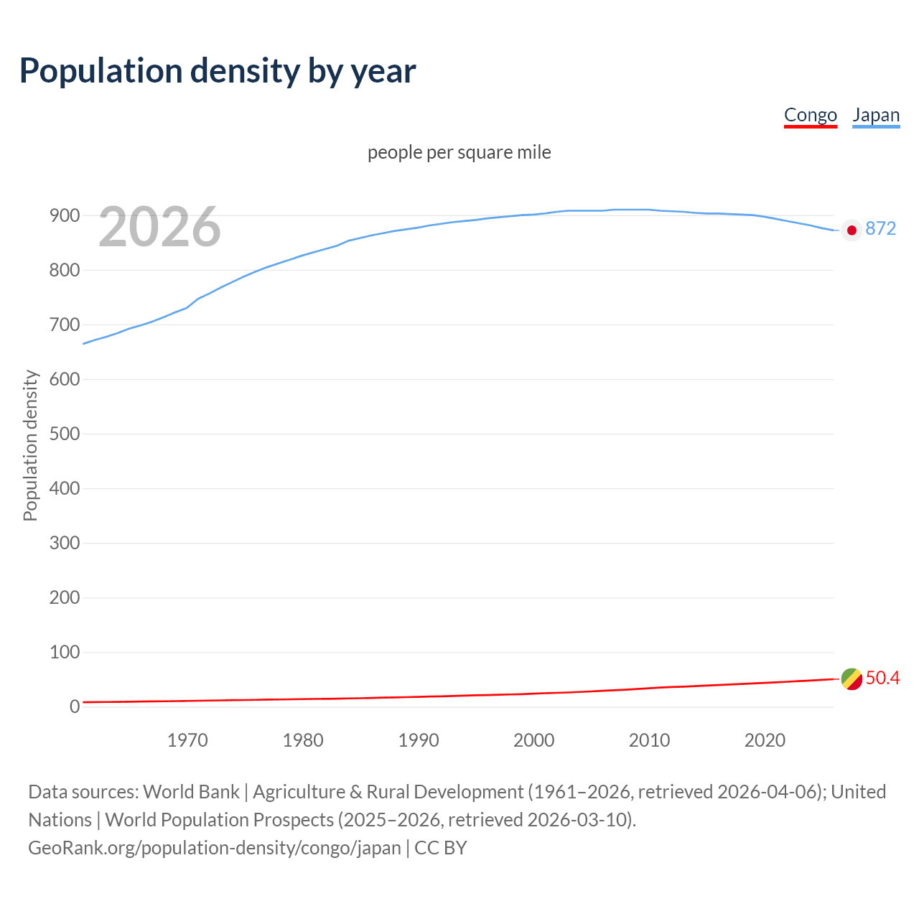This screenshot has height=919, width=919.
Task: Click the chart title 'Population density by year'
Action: click(218, 70)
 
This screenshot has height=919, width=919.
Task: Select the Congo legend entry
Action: click(810, 115)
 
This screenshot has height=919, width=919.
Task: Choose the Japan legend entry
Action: click(876, 115)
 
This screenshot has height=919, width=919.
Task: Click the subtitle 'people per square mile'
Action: click(459, 152)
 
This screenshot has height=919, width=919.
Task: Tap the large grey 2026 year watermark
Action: click(159, 227)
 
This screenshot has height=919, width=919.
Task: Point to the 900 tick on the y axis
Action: click(64, 215)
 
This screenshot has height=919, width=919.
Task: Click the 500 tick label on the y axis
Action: click(64, 434)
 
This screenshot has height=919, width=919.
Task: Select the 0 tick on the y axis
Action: click(74, 706)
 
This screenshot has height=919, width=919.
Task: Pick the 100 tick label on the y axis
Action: click(64, 652)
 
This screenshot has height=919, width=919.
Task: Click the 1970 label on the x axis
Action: click(187, 740)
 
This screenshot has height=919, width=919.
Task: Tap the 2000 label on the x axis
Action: click(533, 740)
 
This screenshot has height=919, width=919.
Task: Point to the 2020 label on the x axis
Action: click(765, 740)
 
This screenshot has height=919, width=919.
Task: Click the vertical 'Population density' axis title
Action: click(30, 445)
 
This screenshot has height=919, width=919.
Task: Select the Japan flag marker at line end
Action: click(852, 230)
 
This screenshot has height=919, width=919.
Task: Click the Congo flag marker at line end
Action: click(852, 678)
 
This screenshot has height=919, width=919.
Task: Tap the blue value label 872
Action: click(881, 228)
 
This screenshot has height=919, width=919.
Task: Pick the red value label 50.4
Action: click(882, 678)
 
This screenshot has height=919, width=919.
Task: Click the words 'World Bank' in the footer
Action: click(191, 792)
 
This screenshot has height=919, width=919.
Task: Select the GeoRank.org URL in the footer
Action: click(214, 848)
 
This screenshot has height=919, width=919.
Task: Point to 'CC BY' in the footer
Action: click(440, 848)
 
